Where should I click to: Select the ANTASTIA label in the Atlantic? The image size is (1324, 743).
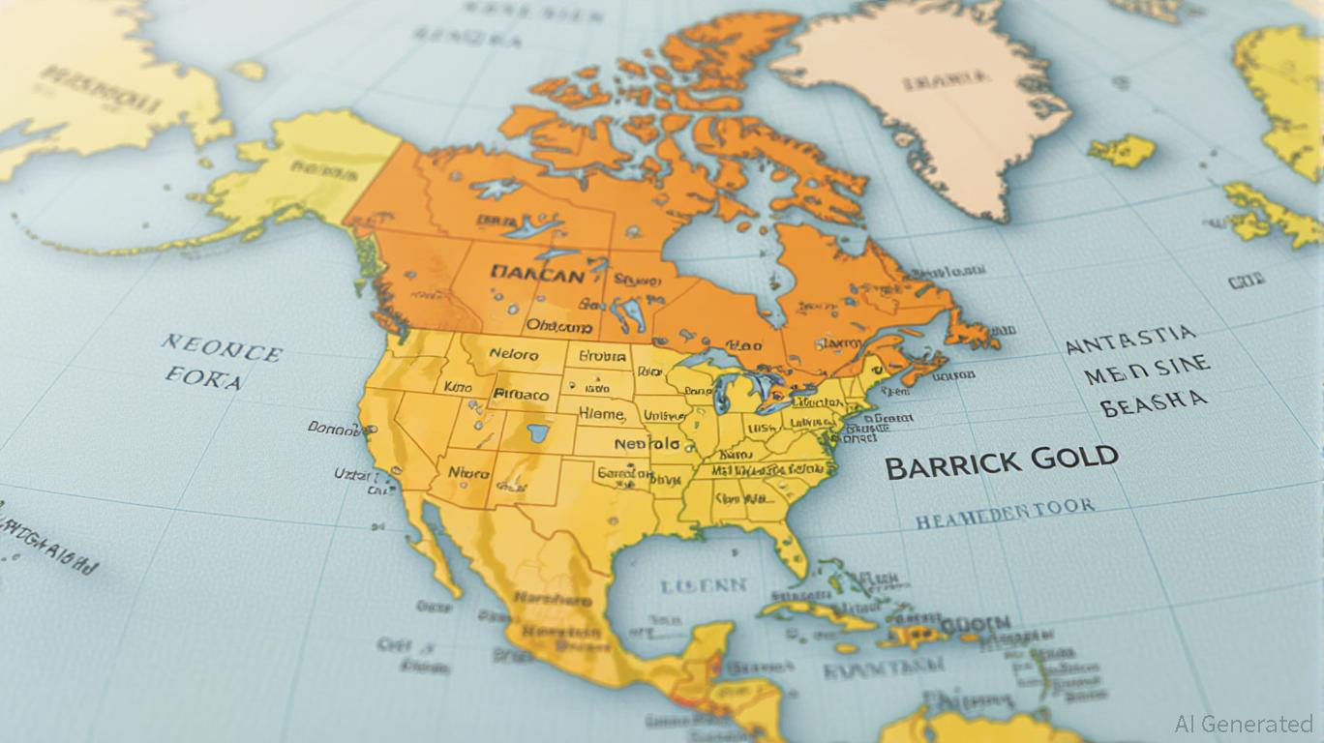coord(1130,340)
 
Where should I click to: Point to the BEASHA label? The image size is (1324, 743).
coord(1154,402)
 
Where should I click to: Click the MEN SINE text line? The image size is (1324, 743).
coord(1146,370)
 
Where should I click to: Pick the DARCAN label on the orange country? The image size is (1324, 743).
coord(537,275)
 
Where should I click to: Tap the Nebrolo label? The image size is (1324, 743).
coord(646,444)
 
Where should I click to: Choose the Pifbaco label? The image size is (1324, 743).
coord(521,395)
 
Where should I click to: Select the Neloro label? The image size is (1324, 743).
coord(513,355)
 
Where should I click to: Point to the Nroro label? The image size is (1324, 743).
coord(468,473)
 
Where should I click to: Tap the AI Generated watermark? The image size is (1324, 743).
coord(1244,724)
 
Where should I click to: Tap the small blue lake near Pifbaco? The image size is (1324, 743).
coord(535,431)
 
